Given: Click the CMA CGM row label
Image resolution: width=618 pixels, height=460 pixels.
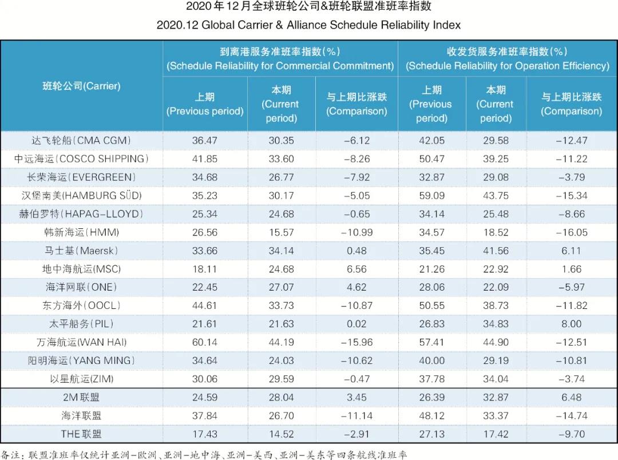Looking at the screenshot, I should pyautogui.click(x=81, y=140).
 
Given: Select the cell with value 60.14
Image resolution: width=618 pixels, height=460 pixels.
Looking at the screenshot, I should pyautogui.click(x=204, y=342).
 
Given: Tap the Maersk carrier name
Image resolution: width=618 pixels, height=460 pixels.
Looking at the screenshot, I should pyautogui.click(x=81, y=250).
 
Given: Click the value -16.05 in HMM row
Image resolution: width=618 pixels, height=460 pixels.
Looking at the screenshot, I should pyautogui.click(x=571, y=232).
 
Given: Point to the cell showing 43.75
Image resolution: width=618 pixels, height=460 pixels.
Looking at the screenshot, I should pyautogui.click(x=496, y=195).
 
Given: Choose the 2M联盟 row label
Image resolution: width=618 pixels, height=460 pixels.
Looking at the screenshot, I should pyautogui.click(x=81, y=397).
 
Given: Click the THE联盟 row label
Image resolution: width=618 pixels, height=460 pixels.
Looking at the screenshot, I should pyautogui.click(x=81, y=434).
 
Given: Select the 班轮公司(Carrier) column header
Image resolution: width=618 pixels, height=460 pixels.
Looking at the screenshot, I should pyautogui.click(x=81, y=86).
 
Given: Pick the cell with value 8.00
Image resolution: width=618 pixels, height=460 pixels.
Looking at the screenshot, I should pyautogui.click(x=571, y=324).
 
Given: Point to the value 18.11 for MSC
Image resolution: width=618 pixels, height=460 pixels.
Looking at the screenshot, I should pyautogui.click(x=204, y=269).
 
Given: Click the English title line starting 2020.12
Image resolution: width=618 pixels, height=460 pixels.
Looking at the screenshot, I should pyautogui.click(x=308, y=25).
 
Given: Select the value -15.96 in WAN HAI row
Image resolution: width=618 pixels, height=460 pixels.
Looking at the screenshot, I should pyautogui.click(x=356, y=342).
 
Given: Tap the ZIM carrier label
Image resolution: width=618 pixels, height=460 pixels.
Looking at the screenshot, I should pyautogui.click(x=81, y=379).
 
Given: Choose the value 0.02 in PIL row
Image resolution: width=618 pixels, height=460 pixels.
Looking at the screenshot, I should pyautogui.click(x=356, y=324).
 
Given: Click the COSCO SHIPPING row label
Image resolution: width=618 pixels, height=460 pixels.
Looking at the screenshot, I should pyautogui.click(x=81, y=158).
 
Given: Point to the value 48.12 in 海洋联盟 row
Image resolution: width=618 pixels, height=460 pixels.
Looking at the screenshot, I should pyautogui.click(x=431, y=416).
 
